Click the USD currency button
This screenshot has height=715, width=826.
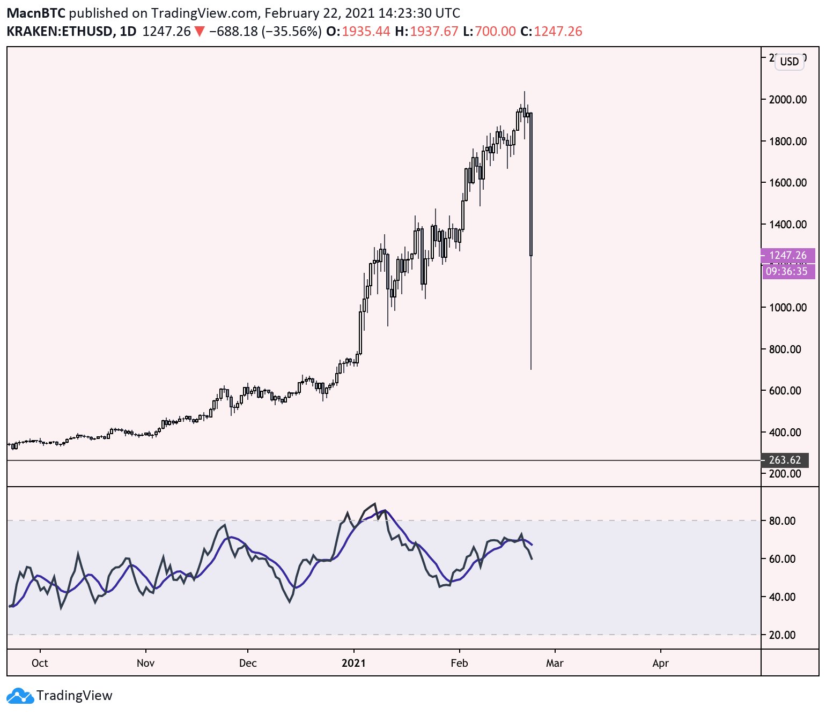[x=789, y=62]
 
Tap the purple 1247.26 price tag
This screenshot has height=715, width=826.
[x=787, y=256]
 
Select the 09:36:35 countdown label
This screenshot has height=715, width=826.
[x=786, y=272]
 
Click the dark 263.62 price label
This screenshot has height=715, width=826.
[x=785, y=460]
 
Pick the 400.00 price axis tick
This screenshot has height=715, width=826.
[x=785, y=433]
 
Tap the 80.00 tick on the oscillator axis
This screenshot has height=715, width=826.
[x=782, y=521]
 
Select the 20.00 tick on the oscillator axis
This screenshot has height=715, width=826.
[x=782, y=635]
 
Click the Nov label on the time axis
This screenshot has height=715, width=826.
[x=145, y=664]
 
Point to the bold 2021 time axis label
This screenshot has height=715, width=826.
[x=353, y=664]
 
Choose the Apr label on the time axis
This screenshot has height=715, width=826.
[x=660, y=664]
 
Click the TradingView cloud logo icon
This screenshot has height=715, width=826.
[x=20, y=696]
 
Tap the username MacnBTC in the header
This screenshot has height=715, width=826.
[x=35, y=13]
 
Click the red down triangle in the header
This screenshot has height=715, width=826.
[x=199, y=32]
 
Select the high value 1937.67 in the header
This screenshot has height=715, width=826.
[x=434, y=32]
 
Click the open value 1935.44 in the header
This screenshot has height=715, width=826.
[x=366, y=32]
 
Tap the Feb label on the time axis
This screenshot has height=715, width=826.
[x=459, y=664]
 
